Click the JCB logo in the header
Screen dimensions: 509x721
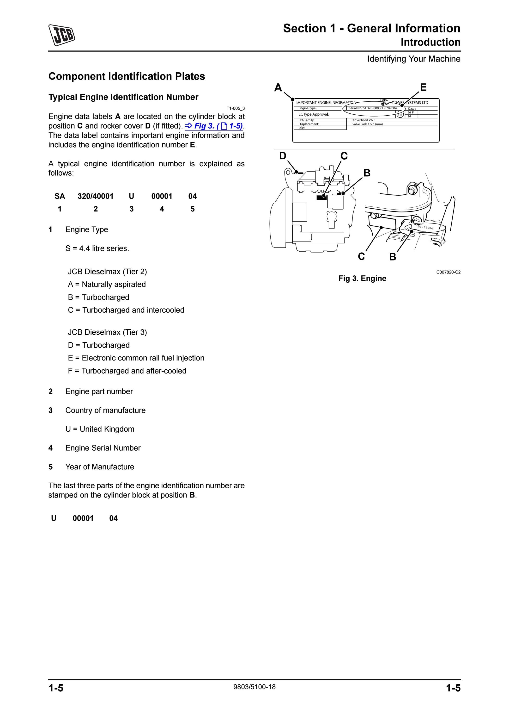(62, 35)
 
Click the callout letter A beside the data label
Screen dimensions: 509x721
(278, 88)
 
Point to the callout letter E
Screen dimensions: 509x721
(423, 87)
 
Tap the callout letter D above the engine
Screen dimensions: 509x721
(283, 156)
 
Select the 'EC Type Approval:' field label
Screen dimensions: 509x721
(314, 114)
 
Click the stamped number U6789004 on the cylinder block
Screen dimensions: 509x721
(426, 227)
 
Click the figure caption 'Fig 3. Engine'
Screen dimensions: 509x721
(362, 278)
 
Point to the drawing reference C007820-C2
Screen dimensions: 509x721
(448, 272)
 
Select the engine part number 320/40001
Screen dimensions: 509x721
(95, 196)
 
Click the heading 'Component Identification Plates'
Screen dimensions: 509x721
(127, 76)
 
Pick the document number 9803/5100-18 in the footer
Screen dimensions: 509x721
(254, 687)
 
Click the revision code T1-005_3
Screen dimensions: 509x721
(236, 108)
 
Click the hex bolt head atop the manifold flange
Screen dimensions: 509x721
(412, 189)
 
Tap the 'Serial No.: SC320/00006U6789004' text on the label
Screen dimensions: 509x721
(373, 108)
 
